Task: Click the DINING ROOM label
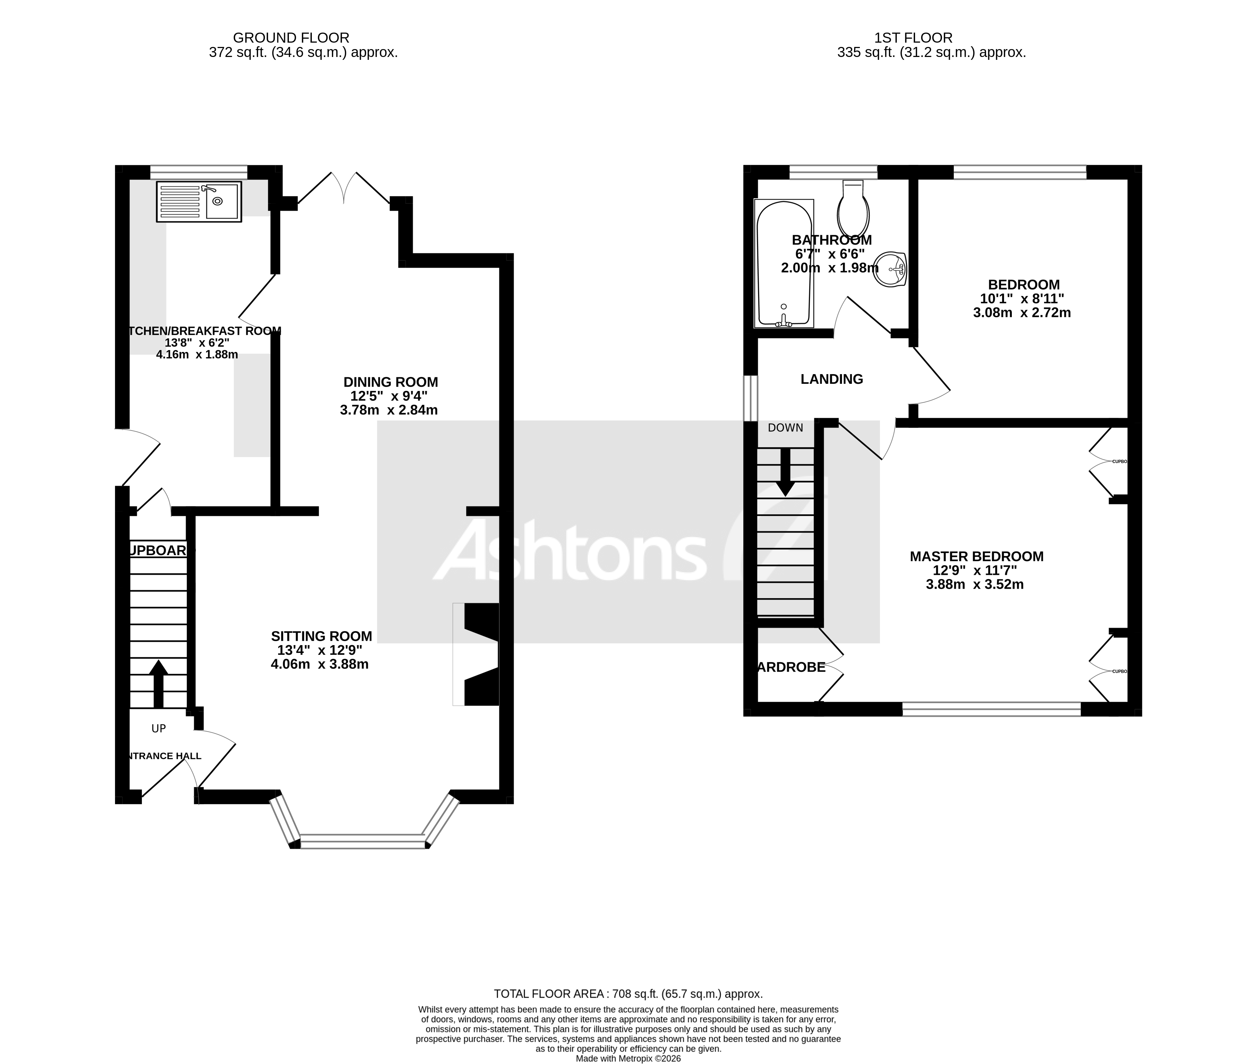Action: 390,382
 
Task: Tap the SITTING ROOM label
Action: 321,636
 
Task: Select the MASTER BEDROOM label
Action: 976,556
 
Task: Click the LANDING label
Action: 831,379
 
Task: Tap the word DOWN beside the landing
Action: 785,428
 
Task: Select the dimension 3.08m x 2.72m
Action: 1021,312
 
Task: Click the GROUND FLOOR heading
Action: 291,38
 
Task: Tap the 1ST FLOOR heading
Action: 913,38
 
